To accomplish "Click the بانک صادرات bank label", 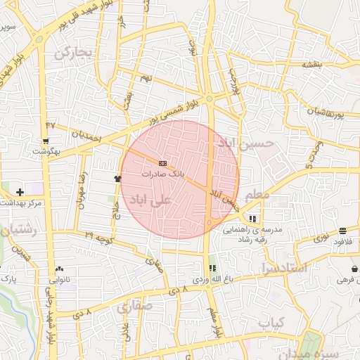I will (162, 172).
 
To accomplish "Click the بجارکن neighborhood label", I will (72, 53).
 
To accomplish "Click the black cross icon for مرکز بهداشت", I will (19, 191).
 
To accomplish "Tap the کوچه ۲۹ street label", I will (98, 233).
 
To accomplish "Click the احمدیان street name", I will (86, 135).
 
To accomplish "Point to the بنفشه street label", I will (312, 64).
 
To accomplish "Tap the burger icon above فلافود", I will (342, 231).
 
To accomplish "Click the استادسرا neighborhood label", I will (283, 268).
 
